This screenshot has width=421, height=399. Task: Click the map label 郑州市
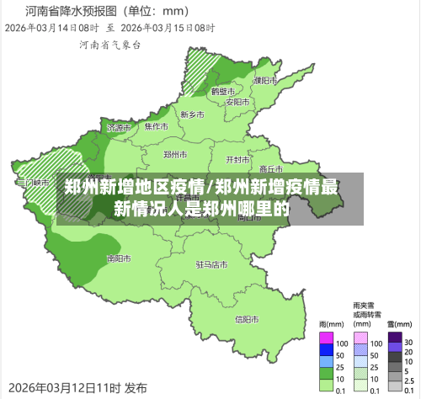point(175,155)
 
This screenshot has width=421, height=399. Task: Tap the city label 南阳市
point(119,258)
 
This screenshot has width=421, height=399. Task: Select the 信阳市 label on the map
point(247,319)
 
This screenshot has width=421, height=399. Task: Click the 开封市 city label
point(237,159)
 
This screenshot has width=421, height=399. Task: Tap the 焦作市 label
point(157,127)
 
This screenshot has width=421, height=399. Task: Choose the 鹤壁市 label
point(223,90)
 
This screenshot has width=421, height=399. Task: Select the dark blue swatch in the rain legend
point(326,350)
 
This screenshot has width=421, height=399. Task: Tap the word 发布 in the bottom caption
point(136,388)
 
